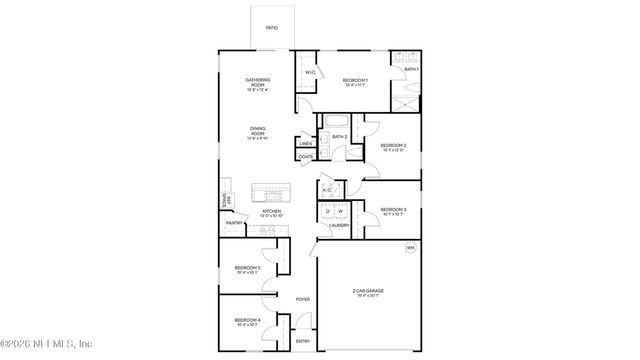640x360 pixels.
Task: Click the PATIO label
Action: click(x=271, y=28)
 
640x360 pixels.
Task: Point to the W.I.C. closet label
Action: click(x=310, y=71)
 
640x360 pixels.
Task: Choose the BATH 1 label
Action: click(x=411, y=68)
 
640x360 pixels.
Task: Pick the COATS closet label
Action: click(x=306, y=157)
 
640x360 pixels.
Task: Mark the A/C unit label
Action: click(x=326, y=190)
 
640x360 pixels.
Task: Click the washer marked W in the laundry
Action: click(x=340, y=212)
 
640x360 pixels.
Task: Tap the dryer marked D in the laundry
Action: click(x=326, y=212)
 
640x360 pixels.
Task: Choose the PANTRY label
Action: click(x=233, y=224)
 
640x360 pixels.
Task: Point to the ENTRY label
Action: click(x=302, y=342)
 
